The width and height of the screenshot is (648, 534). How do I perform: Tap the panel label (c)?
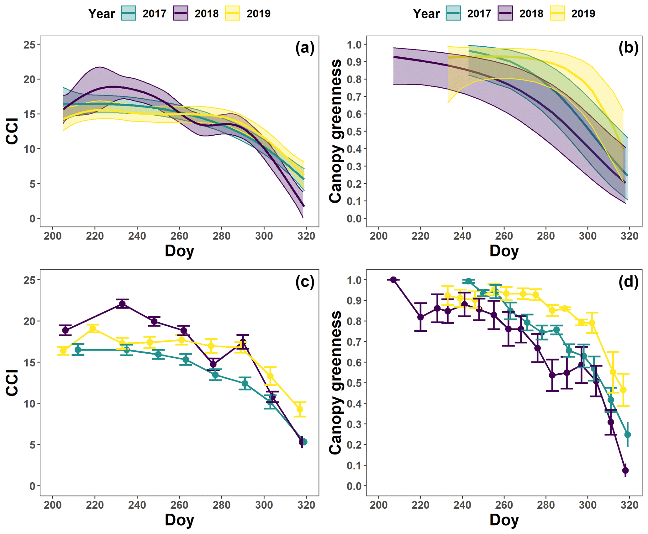click(x=305, y=282)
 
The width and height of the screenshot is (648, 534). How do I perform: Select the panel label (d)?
click(x=628, y=282)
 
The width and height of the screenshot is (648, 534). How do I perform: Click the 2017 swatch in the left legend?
click(x=129, y=13)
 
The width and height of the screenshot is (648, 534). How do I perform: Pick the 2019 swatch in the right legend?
click(x=557, y=13)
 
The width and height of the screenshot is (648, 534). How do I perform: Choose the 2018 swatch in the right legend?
click(x=505, y=13)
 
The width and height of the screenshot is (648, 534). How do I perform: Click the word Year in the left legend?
click(x=102, y=14)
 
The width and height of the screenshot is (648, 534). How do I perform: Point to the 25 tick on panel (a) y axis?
click(x=29, y=44)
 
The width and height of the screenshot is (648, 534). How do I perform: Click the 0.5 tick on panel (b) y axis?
click(x=354, y=132)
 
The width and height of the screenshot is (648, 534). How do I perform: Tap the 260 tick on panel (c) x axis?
click(x=179, y=505)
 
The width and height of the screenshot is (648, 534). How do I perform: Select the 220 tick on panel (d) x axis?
click(x=420, y=505)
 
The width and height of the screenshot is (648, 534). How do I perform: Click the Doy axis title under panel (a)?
click(x=179, y=251)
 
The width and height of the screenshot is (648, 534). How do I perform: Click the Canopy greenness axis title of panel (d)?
click(x=335, y=382)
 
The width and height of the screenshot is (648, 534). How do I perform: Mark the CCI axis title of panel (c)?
click(x=12, y=382)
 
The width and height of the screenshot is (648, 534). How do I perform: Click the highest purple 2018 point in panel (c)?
click(x=122, y=304)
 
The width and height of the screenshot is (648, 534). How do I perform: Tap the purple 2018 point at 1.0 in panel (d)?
click(x=393, y=280)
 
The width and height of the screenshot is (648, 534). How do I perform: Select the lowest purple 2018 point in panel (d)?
click(x=625, y=470)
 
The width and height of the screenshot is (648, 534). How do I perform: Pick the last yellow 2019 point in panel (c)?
click(x=300, y=409)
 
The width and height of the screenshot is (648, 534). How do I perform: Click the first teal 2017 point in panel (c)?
click(x=78, y=350)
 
